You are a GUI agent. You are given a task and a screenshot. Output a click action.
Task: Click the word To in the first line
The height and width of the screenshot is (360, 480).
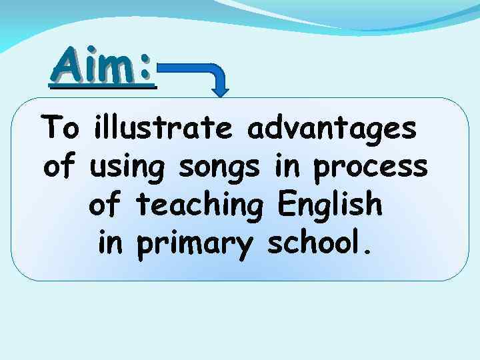point(59,127)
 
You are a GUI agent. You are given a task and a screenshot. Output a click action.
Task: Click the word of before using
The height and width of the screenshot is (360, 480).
point(61,167)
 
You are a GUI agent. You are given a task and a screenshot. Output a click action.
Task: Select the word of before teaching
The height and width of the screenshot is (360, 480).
point(105,205)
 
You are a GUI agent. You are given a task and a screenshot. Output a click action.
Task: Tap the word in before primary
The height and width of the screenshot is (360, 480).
point(111,244)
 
